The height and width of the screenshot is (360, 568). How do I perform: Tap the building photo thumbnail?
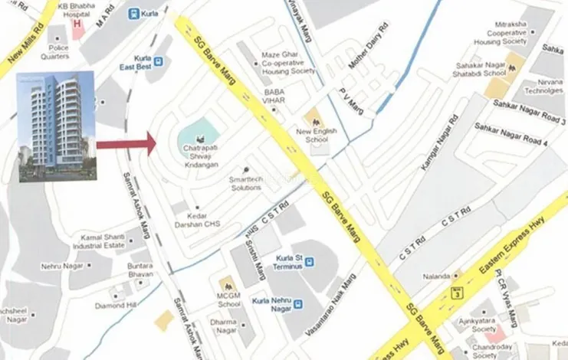57,126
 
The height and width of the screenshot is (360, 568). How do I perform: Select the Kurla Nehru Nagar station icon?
298,304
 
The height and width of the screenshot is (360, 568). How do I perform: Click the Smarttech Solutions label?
245,184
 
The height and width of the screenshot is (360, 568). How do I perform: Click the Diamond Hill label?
115,304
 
